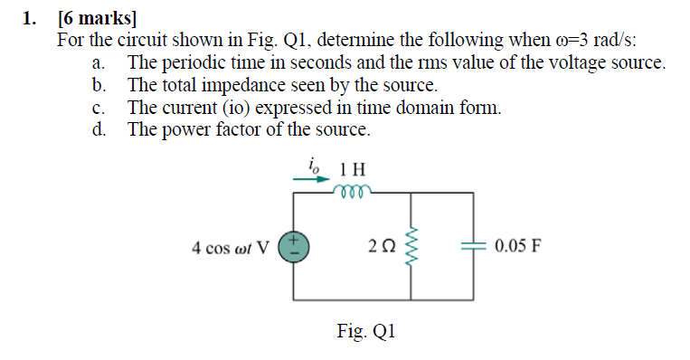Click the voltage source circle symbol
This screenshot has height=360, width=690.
pyautogui.click(x=294, y=245)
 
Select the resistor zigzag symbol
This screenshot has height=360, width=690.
pyautogui.click(x=414, y=245)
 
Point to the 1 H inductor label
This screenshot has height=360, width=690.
pyautogui.click(x=353, y=169)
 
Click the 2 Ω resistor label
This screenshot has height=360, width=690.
pyautogui.click(x=383, y=246)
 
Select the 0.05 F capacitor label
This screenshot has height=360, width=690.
pyautogui.click(x=518, y=245)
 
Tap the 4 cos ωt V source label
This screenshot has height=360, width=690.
pyautogui.click(x=231, y=246)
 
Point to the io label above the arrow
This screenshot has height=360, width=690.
pyautogui.click(x=315, y=164)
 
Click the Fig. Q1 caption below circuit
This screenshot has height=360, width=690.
pyautogui.click(x=366, y=332)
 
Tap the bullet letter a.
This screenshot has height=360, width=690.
pyautogui.click(x=97, y=63)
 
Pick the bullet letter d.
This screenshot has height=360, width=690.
pyautogui.click(x=98, y=128)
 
